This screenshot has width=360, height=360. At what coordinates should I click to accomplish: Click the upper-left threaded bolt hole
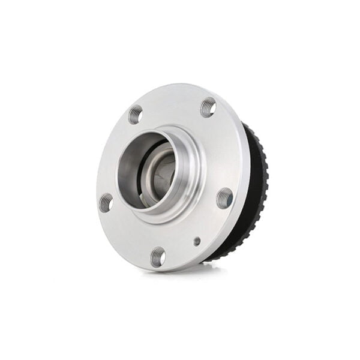coord(136,114)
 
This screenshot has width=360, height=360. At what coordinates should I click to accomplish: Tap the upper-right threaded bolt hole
coord(208,107)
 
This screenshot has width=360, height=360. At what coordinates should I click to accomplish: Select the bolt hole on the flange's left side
coord(106,202)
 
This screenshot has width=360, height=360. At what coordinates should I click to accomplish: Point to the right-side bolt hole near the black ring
coord(224,197)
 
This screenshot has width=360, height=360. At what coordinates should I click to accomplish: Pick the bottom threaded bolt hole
coord(158,256)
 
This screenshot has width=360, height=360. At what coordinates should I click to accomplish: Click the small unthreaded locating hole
coord(197,241)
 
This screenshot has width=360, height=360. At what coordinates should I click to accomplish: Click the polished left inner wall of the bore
coord(128,174)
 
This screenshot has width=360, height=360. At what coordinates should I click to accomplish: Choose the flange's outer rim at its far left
coord(97,180)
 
